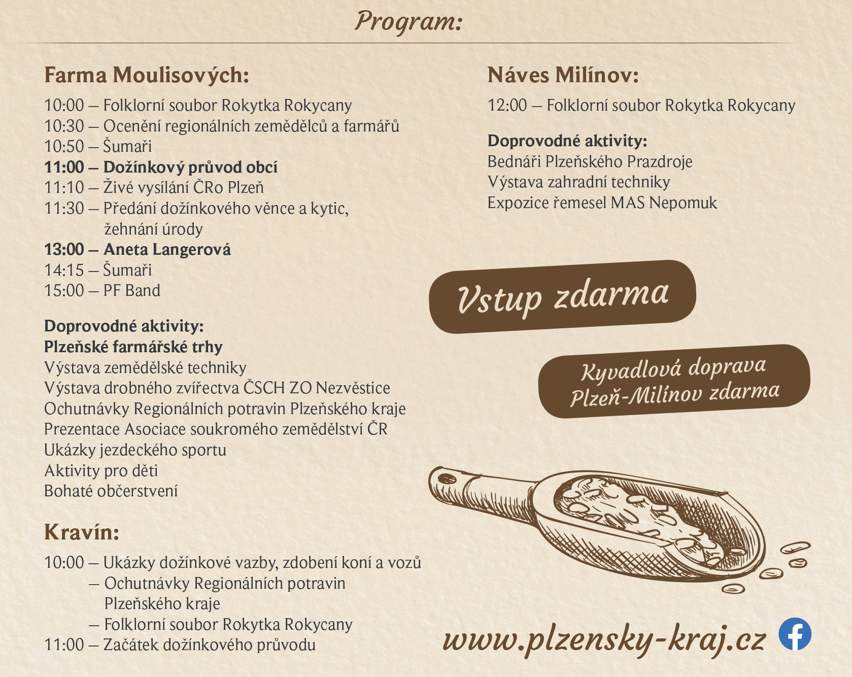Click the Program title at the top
[x=408, y=22]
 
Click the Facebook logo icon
[x=795, y=634]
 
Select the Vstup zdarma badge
[x=562, y=297]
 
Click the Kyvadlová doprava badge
[x=674, y=381]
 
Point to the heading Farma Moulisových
[x=147, y=75]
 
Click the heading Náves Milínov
[x=563, y=75]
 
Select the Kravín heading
[x=81, y=532]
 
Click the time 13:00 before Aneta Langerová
[x=64, y=249]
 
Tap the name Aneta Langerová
[x=167, y=249]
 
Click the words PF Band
[x=131, y=290]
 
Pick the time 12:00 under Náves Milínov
[x=507, y=105]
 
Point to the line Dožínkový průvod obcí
[x=190, y=167]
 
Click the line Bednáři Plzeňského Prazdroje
[x=590, y=161]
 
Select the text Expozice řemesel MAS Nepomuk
[x=602, y=202]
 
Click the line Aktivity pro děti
[x=101, y=470]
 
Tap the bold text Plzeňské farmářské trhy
[x=133, y=347]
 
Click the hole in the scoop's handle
[x=447, y=478]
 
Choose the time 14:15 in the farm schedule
[x=64, y=270]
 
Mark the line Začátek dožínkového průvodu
[x=209, y=645]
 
